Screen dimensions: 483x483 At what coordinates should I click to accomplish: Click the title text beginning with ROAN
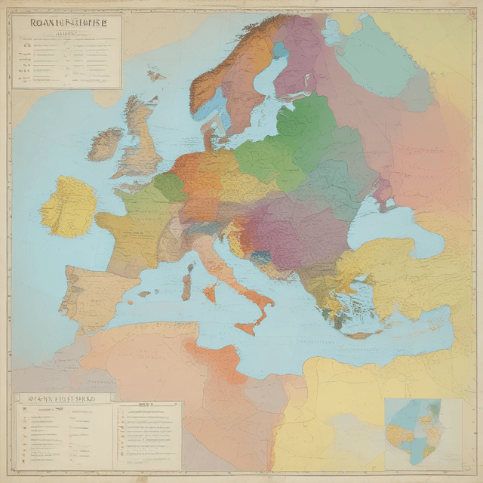coord(66,23)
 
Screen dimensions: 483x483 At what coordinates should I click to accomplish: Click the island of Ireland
coord(105,143)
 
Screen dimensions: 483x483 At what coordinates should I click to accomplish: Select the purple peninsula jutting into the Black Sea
coord(383,194)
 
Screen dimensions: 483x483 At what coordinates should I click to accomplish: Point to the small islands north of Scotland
coord(155,75)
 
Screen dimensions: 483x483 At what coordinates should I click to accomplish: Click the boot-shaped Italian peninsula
coord(234,272)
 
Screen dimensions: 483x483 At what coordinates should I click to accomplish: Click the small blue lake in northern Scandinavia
coord(280,51)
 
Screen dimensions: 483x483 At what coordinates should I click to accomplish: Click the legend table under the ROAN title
coord(66,60)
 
